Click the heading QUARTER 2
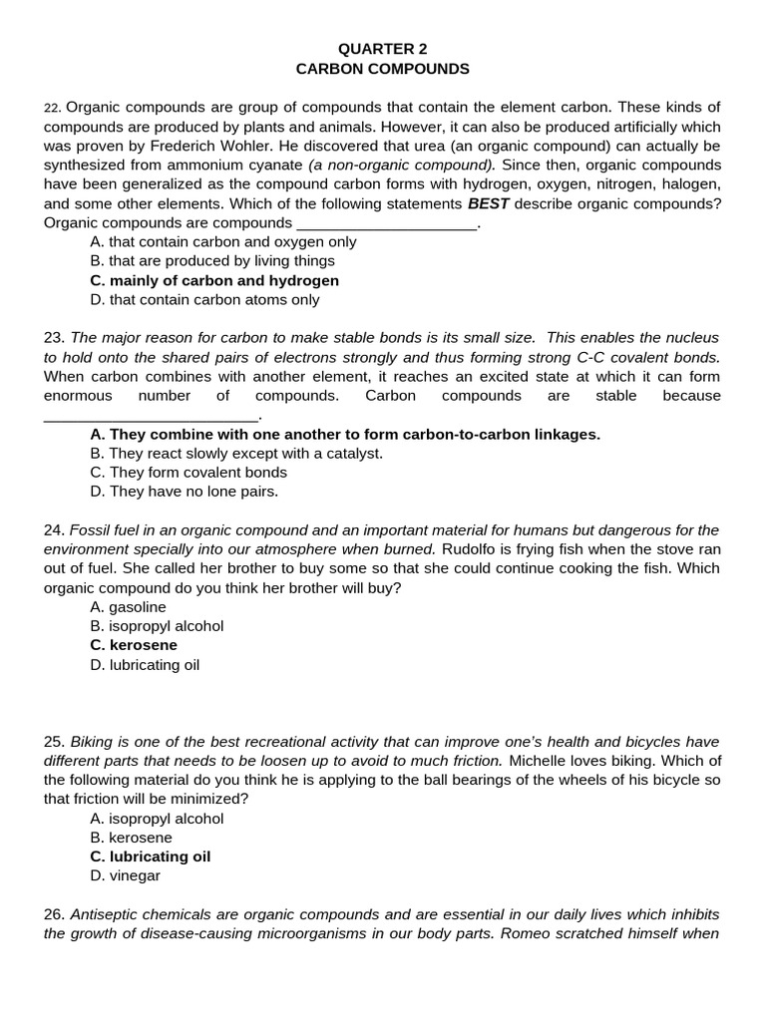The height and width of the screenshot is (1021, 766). tap(382, 49)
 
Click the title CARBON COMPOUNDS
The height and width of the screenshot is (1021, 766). tap(382, 69)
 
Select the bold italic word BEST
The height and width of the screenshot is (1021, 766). tap(488, 204)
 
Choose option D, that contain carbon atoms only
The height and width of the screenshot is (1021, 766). tap(204, 299)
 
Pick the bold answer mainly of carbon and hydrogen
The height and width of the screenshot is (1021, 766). tap(213, 280)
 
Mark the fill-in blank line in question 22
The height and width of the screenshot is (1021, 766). tap(387, 224)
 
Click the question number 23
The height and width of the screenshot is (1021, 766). tap(54, 338)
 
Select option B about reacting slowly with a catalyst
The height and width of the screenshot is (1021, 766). tap(235, 454)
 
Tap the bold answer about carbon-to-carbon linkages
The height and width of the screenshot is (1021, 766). tap(344, 435)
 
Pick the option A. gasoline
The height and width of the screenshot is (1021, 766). tap(128, 607)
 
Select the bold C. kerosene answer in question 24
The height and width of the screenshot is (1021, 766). tap(133, 645)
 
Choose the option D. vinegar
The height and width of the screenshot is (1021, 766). tap(125, 876)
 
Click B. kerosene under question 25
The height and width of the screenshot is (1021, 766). tap(131, 839)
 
